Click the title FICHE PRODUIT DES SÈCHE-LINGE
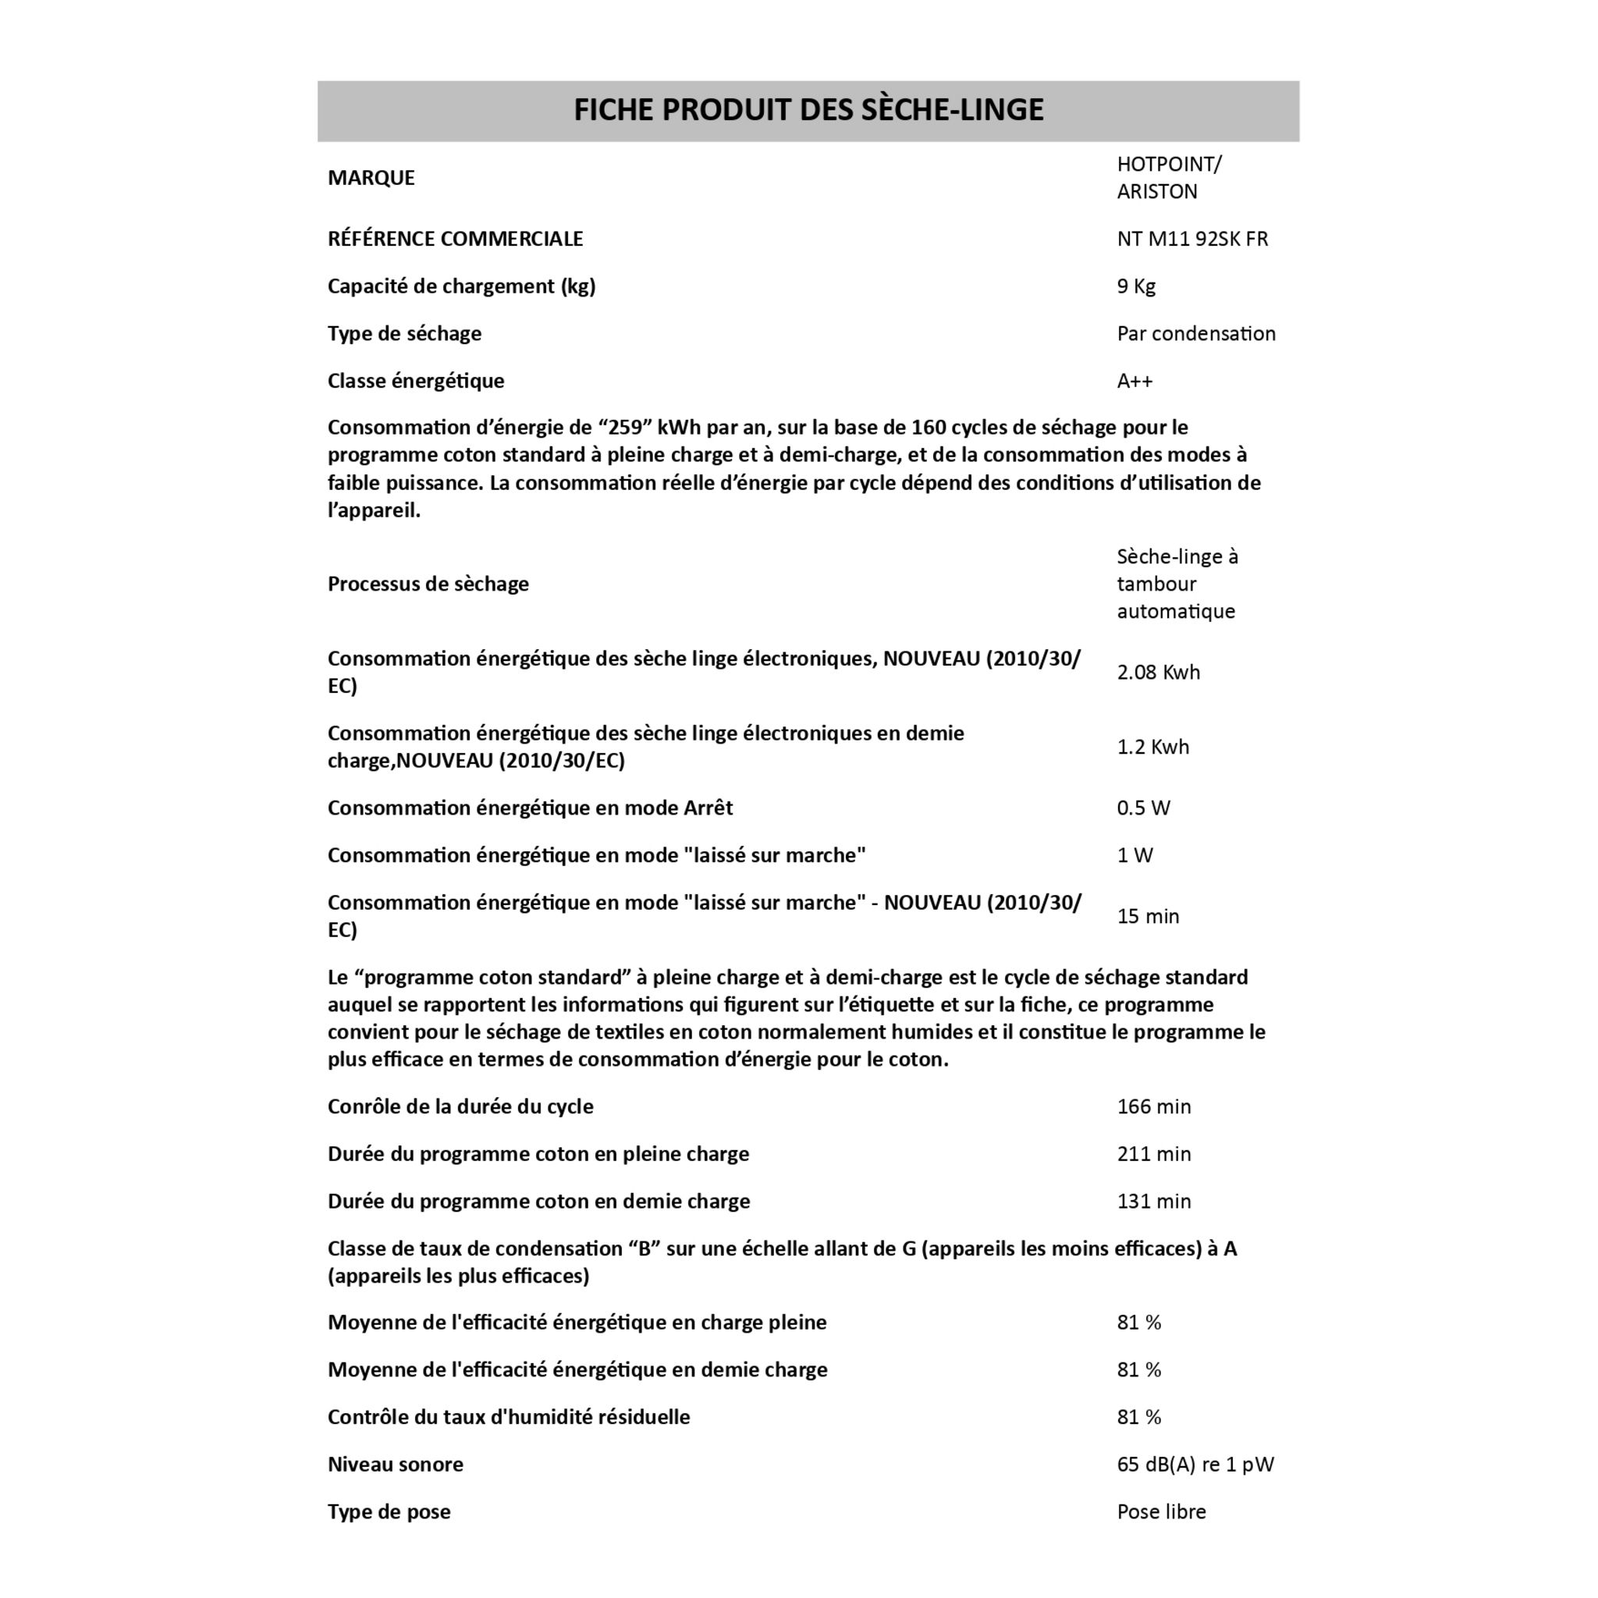pos(808,110)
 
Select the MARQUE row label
pos(371,178)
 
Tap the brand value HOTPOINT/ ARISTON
pos(1168,178)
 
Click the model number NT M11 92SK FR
pos(1192,239)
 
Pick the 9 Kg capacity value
pos(1135,286)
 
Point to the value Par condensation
pos(1195,333)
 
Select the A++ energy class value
pos(1134,382)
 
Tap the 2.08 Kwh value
pos(1158,673)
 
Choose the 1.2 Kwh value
pos(1152,747)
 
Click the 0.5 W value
pos(1143,808)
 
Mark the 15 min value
pos(1147,917)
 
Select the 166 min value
pos(1154,1106)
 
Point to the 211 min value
pos(1154,1154)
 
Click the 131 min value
pos(1154,1201)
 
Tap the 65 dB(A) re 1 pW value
pos(1195,1465)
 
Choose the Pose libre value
pos(1161,1512)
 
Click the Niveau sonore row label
pos(396,1465)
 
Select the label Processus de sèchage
pos(428,584)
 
